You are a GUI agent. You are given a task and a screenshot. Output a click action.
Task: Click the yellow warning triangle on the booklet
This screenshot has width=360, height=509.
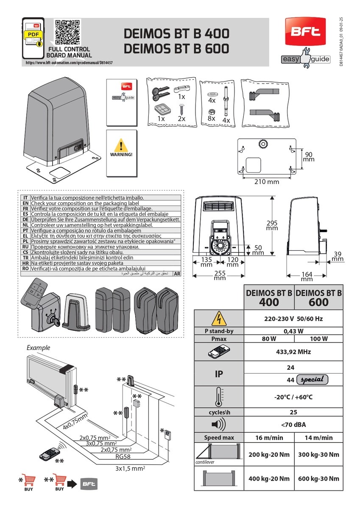click(121, 145)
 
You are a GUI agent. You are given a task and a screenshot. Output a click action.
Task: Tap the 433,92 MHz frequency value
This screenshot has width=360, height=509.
click(293, 352)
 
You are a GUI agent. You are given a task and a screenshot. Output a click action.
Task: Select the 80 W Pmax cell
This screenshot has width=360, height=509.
click(268, 338)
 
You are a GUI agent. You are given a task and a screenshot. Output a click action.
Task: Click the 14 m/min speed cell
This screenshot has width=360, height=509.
click(318, 437)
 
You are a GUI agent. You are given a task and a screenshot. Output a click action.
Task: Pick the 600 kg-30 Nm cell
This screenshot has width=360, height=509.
click(318, 478)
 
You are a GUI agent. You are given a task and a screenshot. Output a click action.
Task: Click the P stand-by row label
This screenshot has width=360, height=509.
click(219, 331)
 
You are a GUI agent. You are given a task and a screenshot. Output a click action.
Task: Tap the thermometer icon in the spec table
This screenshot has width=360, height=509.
click(219, 397)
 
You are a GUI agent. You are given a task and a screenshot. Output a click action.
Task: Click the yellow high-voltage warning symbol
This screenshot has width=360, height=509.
click(219, 318)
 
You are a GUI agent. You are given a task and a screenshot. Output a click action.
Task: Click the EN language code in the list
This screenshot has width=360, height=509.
click(25, 203)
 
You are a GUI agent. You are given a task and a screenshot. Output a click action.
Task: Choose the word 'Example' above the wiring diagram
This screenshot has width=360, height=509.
click(38, 347)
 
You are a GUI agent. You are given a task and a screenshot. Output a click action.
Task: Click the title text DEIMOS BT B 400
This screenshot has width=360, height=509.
click(176, 34)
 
